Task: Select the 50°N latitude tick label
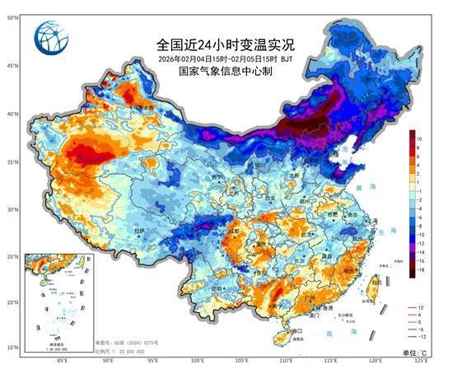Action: click(13, 16)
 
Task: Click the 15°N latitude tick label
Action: click(13, 347)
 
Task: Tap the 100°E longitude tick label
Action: click(198, 361)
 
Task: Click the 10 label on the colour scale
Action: click(419, 139)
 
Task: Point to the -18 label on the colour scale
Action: click(419, 269)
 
